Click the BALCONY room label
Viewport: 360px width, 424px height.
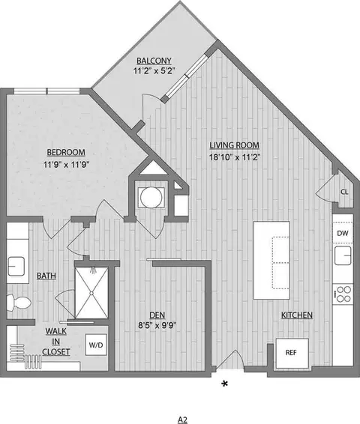tap(154, 61)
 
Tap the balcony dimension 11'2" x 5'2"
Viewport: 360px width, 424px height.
tap(154, 73)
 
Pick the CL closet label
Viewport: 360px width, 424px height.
tap(343, 192)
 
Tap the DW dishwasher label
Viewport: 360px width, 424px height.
tap(342, 234)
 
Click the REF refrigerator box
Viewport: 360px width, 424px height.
tap(290, 352)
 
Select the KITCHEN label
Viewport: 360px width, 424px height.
tap(297, 315)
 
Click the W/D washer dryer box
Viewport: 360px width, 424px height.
tap(97, 345)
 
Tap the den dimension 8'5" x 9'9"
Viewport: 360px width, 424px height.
tap(156, 326)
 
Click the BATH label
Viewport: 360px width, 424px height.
tap(46, 276)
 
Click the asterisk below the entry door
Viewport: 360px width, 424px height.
tap(224, 384)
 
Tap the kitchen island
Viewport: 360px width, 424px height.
tap(271, 257)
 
